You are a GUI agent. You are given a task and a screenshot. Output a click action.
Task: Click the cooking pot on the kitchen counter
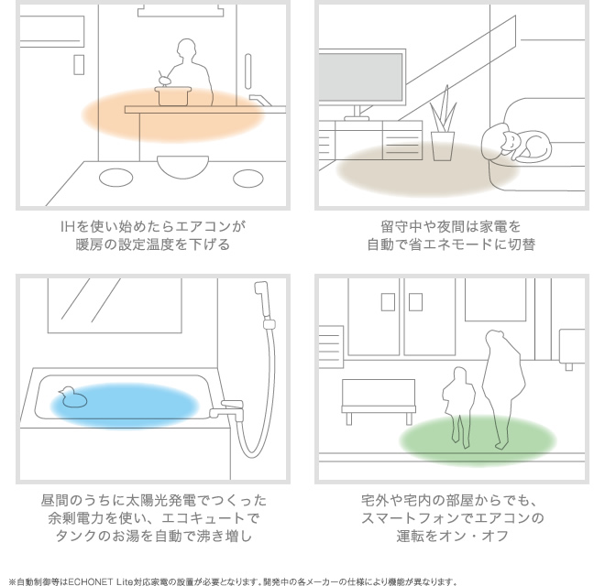(173, 95)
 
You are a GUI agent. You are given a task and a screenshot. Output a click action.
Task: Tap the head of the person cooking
(186, 48)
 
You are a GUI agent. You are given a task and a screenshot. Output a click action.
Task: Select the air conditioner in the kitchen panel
(51, 31)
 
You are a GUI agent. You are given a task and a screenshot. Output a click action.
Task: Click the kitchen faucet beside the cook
(261, 100)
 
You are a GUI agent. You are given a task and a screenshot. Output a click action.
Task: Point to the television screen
(360, 77)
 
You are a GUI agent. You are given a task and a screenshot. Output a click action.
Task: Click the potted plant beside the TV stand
(443, 125)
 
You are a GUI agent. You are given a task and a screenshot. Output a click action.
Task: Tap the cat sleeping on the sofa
(515, 142)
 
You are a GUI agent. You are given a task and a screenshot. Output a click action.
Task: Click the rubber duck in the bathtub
(73, 396)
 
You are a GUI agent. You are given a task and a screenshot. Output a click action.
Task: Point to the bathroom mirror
(115, 305)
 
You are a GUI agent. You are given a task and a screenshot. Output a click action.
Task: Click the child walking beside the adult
(458, 407)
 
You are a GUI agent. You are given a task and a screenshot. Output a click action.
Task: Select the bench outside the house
(379, 401)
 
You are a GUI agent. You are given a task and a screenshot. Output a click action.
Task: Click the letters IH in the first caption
(67, 226)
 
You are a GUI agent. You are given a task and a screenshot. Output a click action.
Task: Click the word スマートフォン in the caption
(417, 518)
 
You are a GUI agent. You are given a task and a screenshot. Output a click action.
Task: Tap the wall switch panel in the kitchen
(79, 64)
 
